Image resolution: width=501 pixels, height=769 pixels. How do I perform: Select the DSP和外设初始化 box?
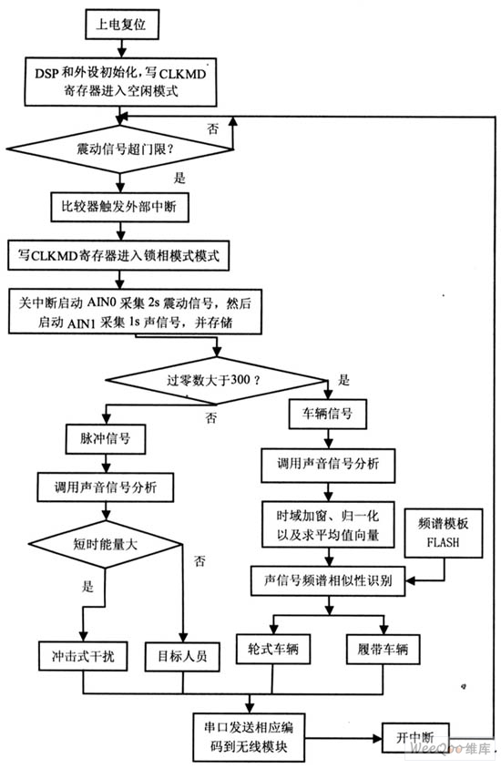(x=125, y=79)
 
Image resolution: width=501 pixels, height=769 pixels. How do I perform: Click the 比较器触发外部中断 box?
(x=119, y=207)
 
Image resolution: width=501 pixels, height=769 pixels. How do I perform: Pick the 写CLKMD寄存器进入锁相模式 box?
(x=119, y=254)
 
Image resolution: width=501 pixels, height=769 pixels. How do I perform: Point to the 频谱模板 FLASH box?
(x=446, y=530)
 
